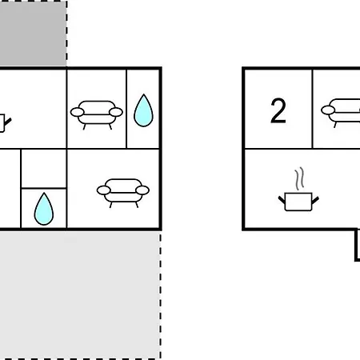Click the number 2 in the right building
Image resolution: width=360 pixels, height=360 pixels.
tap(278, 110)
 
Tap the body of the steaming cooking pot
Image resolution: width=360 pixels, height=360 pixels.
tap(298, 202)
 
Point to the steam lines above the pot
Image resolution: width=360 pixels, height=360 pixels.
tap(299, 178)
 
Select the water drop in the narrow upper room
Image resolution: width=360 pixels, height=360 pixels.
tap(143, 110)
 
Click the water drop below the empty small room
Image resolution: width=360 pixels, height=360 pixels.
tap(44, 209)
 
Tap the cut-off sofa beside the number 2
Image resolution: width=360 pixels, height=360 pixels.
tap(341, 113)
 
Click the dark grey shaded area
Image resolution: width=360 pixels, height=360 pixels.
tap(33, 33)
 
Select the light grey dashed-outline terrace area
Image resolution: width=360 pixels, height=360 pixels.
tap(80, 294)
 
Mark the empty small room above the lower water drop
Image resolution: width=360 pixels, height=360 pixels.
tap(44, 169)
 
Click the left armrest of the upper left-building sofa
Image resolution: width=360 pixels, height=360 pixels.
tap(78, 112)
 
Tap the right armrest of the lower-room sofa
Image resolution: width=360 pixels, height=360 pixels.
tap(142, 190)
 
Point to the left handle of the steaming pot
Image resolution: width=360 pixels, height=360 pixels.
tap(282, 200)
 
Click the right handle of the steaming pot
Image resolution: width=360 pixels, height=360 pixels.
tap(315, 201)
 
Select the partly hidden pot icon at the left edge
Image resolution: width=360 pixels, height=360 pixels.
tap(4, 123)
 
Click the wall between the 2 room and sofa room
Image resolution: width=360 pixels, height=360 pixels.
tap(312, 109)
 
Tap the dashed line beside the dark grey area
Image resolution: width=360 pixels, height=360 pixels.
tap(66, 33)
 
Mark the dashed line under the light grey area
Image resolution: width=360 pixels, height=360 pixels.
tap(80, 358)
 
